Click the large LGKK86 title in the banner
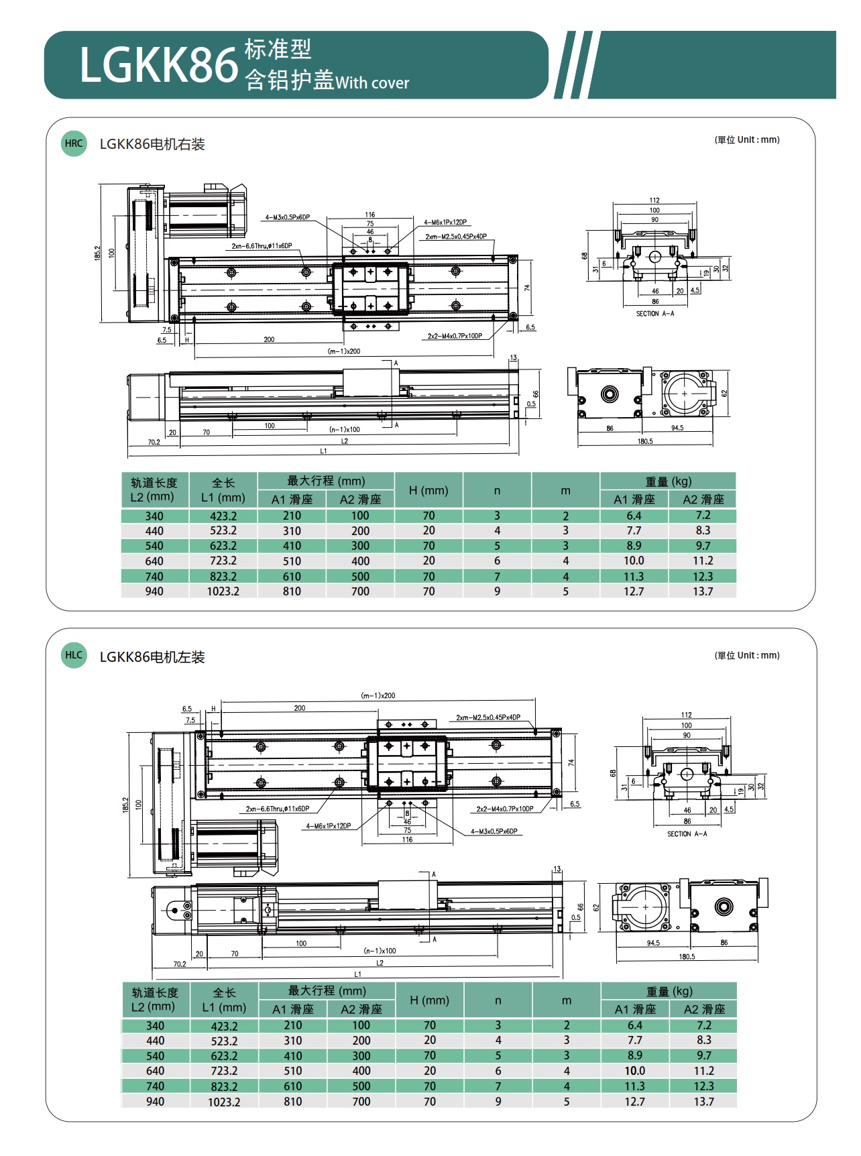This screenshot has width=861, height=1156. coord(159,65)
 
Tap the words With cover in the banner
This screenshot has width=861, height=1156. coord(372,83)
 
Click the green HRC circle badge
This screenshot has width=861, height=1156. coord(74,143)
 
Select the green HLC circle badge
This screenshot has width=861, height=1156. coord(74,655)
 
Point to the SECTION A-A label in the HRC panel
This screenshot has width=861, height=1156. coord(655,314)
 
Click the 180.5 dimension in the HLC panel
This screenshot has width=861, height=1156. coord(687,957)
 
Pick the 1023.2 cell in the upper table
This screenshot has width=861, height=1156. coord(223,591)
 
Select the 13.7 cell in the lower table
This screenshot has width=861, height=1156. coord(703,1102)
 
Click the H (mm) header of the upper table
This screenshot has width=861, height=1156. coord(428,490)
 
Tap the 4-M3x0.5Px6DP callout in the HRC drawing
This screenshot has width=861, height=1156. coord(287,217)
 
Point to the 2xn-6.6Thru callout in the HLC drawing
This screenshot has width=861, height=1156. coord(278,809)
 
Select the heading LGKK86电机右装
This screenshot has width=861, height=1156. coord(152,144)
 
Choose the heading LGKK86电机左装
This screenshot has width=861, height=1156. coord(152,657)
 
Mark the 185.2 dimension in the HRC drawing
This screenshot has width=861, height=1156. coord(98,253)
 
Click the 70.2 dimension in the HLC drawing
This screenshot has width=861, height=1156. coord(180,964)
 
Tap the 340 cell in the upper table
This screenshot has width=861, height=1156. coord(154,516)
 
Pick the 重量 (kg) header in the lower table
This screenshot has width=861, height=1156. coord(669,991)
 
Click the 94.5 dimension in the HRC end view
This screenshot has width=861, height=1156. coord(677,428)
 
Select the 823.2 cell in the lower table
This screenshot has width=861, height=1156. coord(224,1086)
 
